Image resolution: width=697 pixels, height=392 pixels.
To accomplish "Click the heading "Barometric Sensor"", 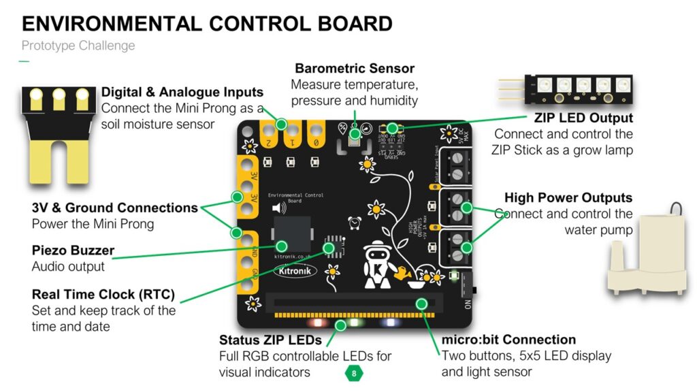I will pos(354,69).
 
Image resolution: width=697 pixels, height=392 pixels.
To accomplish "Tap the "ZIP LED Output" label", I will pos(583,118).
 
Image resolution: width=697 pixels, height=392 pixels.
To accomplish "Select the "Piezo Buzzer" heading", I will pos(73,250).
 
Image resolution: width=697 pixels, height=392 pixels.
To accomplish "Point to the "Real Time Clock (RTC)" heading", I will pos(103,295).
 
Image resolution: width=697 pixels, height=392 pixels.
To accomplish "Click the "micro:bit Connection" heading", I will pos(508,340).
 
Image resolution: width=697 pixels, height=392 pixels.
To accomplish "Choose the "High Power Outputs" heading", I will pos(568,198).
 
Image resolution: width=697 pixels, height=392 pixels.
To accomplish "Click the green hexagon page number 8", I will pos(354,373).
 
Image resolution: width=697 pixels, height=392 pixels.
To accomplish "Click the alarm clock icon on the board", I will pos(353,222).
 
